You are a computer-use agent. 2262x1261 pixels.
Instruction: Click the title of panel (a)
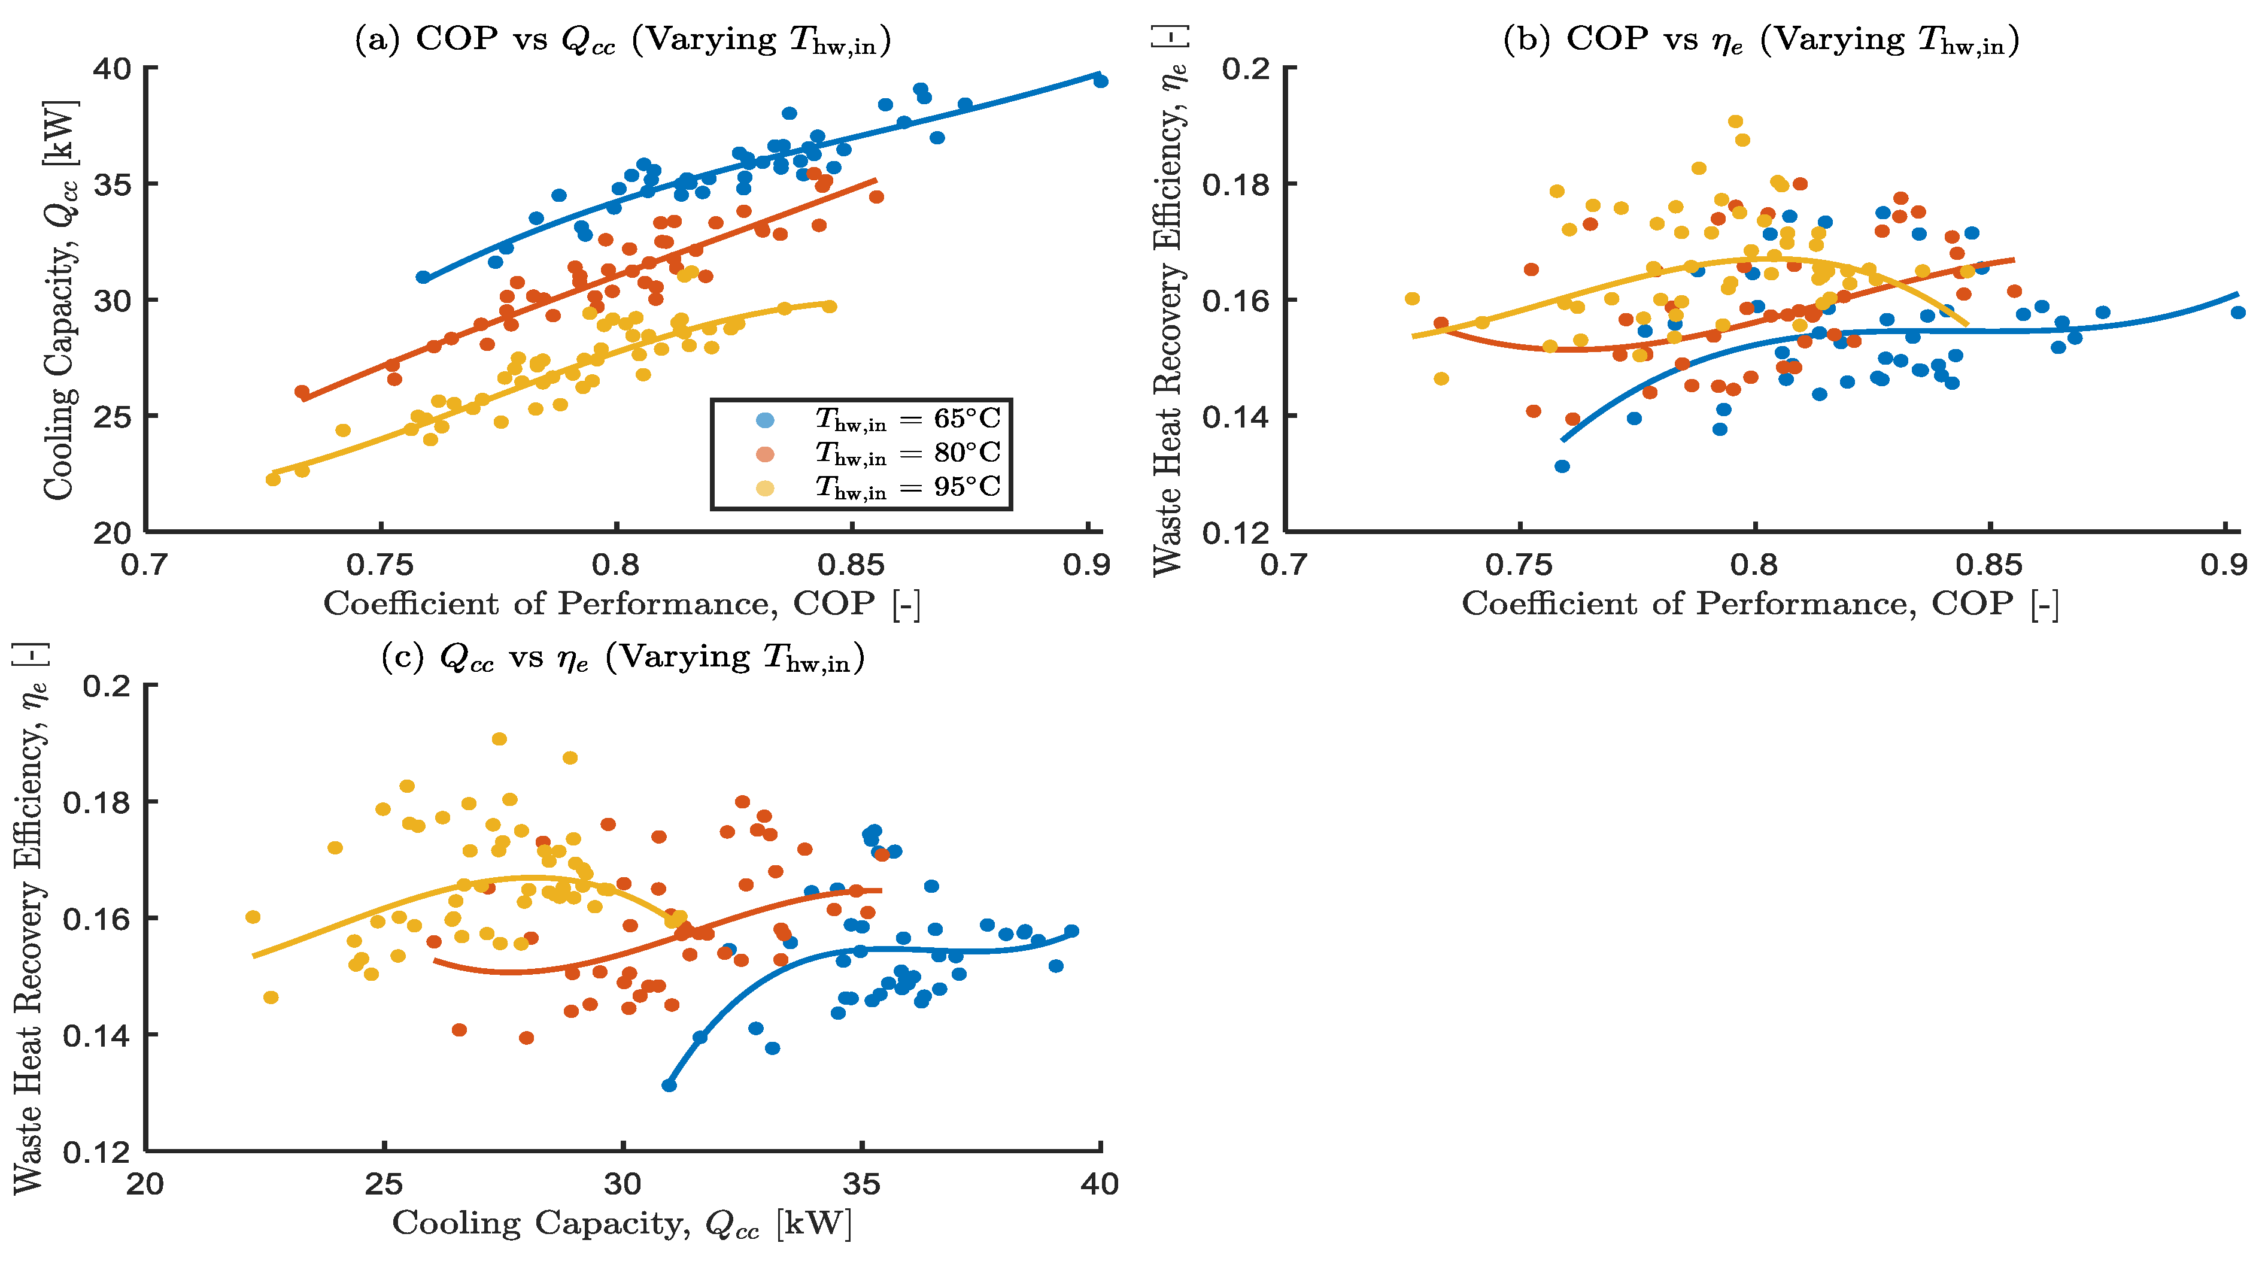click(623, 40)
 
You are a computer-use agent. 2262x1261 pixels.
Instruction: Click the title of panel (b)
click(1760, 40)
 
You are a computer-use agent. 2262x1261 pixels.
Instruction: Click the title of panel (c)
click(623, 657)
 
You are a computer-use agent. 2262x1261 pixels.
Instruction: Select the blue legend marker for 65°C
click(765, 420)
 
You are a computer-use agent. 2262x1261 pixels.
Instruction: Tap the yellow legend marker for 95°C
click(765, 487)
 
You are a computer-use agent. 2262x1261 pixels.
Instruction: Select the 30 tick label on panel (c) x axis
click(623, 1184)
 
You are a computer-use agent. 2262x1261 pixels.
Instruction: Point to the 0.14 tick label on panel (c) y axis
click(96, 1035)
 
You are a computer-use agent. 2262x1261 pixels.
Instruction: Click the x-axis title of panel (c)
click(623, 1223)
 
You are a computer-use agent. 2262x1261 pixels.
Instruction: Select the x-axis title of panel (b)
click(1760, 604)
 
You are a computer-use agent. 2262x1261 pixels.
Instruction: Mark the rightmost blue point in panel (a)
click(1100, 81)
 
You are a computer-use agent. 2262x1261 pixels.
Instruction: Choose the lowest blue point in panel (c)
click(669, 1086)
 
